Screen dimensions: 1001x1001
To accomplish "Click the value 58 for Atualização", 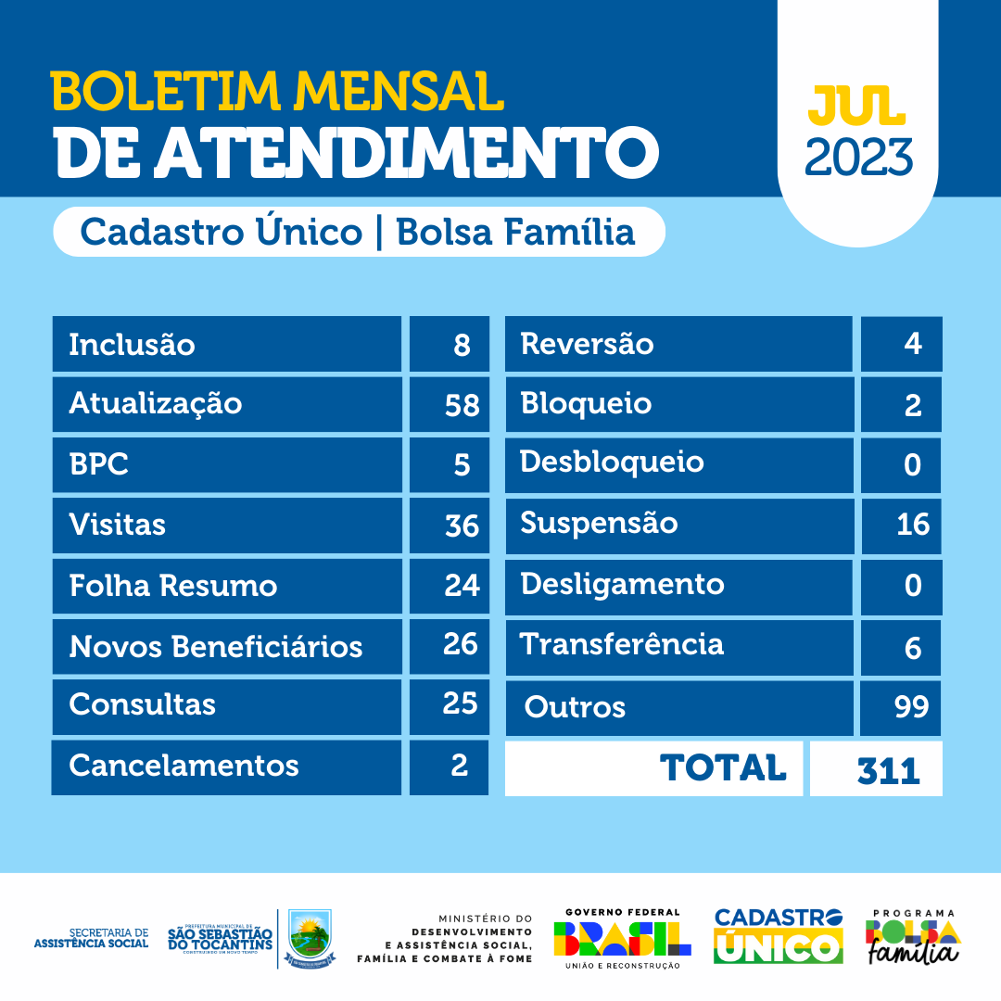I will [x=461, y=404].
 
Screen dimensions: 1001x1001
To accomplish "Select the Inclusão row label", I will [x=132, y=345].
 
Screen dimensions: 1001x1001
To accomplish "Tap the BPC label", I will [x=98, y=464].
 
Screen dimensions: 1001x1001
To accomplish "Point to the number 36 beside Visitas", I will [x=462, y=526].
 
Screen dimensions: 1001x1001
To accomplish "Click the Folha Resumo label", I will [x=172, y=586].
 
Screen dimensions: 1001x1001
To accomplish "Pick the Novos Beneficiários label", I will [x=215, y=646].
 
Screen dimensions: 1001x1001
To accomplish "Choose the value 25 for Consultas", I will [x=460, y=703].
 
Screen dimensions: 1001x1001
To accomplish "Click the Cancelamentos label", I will [x=184, y=766].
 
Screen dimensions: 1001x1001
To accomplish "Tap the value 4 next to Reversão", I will [x=913, y=344].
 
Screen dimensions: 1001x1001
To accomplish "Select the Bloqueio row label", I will [x=586, y=404].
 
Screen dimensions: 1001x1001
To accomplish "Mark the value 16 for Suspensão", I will [x=913, y=525].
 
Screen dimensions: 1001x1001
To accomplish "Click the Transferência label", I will [x=621, y=644].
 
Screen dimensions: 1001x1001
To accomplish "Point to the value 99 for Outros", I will [x=912, y=707].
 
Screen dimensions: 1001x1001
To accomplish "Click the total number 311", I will [x=889, y=770].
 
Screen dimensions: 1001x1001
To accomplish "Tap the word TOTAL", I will [x=723, y=767].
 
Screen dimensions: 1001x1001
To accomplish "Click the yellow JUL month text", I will [x=856, y=108].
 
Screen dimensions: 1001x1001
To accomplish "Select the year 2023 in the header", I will [x=858, y=158].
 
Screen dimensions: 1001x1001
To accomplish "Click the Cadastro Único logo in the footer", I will [x=778, y=937].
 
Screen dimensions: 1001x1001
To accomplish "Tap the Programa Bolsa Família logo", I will [x=913, y=937].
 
